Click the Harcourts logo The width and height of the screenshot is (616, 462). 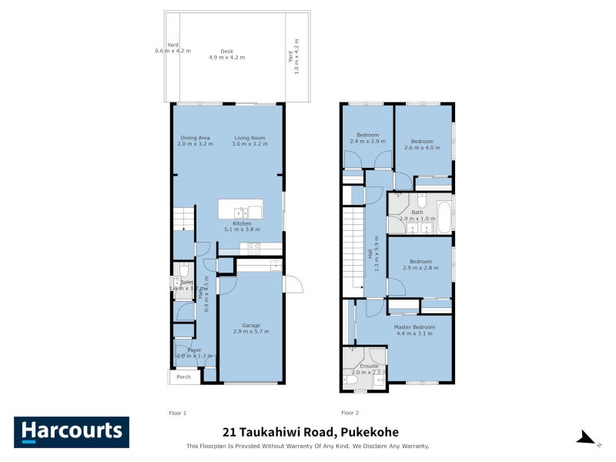(x=72, y=432)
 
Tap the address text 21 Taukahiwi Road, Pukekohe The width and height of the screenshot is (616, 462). (x=310, y=432)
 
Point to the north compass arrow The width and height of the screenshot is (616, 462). (x=586, y=438)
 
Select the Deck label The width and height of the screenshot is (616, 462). (x=226, y=54)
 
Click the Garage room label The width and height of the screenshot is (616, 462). (x=250, y=327)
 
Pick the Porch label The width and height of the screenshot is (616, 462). (x=183, y=377)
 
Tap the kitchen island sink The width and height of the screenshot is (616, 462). (x=240, y=213)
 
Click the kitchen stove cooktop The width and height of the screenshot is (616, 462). (x=253, y=249)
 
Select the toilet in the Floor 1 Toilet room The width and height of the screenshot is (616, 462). (x=182, y=269)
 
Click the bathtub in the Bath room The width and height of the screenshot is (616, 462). (x=444, y=217)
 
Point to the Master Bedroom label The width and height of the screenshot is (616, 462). (x=413, y=330)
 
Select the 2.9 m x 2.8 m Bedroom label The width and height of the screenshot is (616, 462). (x=420, y=264)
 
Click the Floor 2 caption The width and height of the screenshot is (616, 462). (x=350, y=413)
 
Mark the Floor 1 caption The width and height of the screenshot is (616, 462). (x=178, y=413)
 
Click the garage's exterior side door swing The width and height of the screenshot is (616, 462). (x=293, y=284)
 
